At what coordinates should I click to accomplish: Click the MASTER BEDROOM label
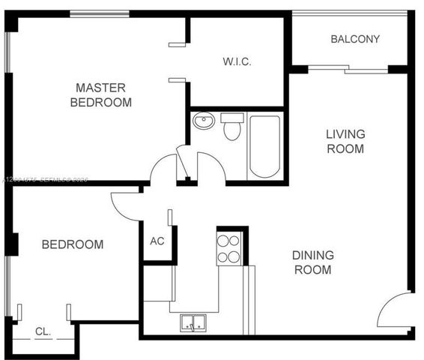click(100, 94)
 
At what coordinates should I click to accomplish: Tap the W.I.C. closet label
click(237, 61)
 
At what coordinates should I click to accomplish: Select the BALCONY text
click(355, 39)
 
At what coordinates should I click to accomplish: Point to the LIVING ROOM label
click(345, 141)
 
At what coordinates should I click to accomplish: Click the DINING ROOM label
click(312, 262)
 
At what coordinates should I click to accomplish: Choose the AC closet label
click(157, 241)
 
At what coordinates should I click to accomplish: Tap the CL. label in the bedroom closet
click(43, 331)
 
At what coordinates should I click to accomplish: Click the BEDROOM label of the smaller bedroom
click(72, 244)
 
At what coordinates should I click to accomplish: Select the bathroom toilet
click(233, 127)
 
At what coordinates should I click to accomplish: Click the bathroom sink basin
click(204, 121)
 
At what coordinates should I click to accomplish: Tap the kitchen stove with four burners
click(228, 248)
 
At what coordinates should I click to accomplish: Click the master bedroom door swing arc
click(163, 169)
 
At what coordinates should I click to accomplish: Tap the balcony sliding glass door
click(348, 70)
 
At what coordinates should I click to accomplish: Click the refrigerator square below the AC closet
click(158, 283)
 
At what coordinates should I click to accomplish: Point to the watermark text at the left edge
click(45, 179)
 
